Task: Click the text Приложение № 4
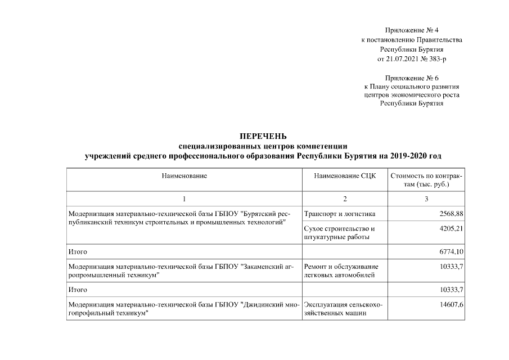tap(412, 30)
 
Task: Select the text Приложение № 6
tap(412, 78)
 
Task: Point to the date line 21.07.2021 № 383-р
tap(412, 58)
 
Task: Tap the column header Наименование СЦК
tap(344, 176)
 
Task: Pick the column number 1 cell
tap(184, 199)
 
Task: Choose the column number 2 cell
tap(344, 199)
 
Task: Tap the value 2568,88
tap(451, 214)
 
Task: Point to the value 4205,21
tap(451, 229)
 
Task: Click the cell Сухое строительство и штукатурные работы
tap(339, 233)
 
